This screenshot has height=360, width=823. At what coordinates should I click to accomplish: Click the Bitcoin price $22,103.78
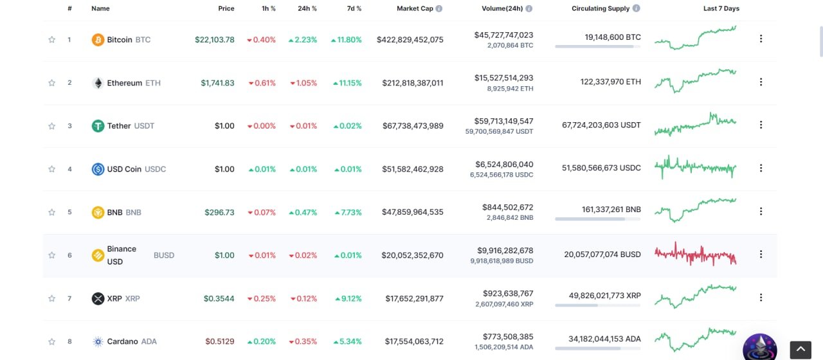(215, 40)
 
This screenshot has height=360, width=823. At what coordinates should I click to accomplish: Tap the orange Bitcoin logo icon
(98, 40)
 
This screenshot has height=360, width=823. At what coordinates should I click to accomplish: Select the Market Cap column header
(415, 8)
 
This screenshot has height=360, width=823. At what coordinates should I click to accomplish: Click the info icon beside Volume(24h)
(529, 8)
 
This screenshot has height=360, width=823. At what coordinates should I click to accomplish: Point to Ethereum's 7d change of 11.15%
(347, 83)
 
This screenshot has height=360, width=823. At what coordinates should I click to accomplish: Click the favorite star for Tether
(52, 126)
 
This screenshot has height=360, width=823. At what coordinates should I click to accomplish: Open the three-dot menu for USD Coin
(761, 168)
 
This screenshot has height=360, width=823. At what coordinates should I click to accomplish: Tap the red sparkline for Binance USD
(695, 254)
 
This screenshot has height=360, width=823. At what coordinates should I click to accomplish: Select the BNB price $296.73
(219, 212)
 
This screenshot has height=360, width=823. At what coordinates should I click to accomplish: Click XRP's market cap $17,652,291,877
(414, 299)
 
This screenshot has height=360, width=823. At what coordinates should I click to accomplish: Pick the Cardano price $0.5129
(220, 341)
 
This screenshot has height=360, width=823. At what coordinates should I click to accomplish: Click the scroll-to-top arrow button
(800, 349)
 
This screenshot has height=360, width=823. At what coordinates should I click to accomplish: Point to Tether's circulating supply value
(601, 125)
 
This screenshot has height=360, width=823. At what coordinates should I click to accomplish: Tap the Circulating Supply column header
(601, 8)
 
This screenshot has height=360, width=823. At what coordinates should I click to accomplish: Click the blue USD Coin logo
(98, 169)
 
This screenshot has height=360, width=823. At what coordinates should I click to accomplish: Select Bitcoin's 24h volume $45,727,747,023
(503, 35)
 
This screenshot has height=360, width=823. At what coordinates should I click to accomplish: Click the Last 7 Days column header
(721, 8)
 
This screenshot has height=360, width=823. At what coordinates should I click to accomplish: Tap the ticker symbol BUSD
(164, 255)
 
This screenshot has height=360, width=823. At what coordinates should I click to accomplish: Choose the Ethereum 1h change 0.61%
(262, 83)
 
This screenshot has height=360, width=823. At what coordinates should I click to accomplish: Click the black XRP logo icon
(98, 299)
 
